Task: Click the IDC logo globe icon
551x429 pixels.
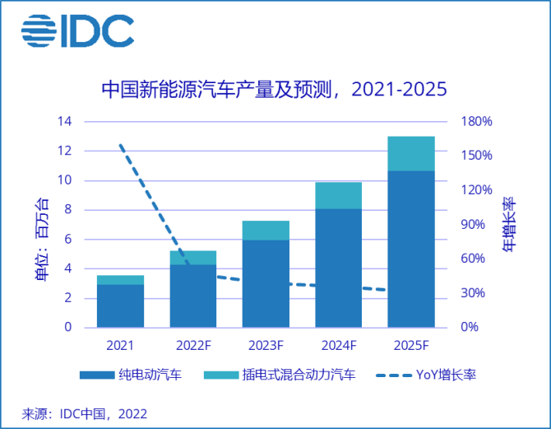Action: coord(38,30)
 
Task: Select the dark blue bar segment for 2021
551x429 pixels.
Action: coord(120,305)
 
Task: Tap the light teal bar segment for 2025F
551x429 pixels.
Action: coord(410,153)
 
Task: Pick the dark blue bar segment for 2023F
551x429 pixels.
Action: coord(266,283)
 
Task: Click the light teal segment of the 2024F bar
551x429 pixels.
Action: coord(338,195)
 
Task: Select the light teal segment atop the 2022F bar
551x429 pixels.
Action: coord(192,258)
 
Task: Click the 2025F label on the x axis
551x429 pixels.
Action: coord(410,344)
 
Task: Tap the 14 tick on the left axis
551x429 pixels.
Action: coord(65,122)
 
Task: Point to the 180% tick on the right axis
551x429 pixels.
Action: coord(476,122)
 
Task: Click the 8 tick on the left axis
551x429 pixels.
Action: coord(68,210)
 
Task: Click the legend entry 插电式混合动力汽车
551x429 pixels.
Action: coord(288,375)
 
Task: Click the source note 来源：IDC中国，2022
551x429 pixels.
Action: coord(85,413)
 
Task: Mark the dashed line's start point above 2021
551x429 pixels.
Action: coord(120,144)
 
